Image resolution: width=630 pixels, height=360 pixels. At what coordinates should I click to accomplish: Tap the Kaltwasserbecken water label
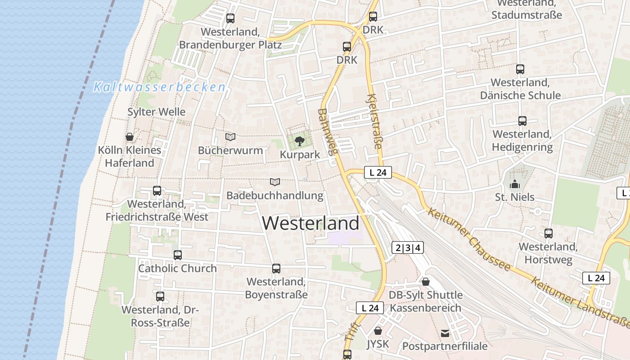tap(159, 87)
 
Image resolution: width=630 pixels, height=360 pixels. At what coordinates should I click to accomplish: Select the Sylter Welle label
tap(156, 112)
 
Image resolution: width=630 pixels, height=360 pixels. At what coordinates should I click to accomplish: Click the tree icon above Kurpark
tap(299, 142)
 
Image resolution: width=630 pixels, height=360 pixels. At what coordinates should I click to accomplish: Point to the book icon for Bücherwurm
tap(230, 137)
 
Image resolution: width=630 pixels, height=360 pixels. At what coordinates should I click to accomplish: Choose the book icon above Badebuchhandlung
tap(274, 182)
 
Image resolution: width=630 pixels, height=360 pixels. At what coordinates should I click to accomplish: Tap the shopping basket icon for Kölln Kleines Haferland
tap(130, 137)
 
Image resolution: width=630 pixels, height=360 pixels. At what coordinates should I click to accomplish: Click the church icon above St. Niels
tap(514, 184)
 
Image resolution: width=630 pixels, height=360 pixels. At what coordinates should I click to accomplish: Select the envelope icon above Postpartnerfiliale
tap(445, 333)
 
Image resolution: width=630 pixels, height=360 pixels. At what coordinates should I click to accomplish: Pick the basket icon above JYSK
tap(378, 331)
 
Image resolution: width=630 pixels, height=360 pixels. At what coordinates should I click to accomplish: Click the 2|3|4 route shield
tap(408, 247)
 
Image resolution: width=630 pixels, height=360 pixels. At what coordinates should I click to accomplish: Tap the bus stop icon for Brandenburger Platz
tap(230, 18)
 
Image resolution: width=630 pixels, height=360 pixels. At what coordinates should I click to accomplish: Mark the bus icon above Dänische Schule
tap(520, 69)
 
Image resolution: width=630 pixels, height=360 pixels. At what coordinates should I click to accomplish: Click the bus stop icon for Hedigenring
tap(522, 121)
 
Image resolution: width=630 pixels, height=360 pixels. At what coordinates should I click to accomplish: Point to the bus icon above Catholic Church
tap(178, 255)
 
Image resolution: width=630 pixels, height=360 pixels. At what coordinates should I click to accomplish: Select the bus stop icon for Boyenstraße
tap(276, 269)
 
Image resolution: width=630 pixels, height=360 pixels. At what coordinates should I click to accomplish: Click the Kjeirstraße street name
tap(375, 121)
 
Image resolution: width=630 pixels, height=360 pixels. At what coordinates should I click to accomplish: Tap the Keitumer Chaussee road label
tap(469, 239)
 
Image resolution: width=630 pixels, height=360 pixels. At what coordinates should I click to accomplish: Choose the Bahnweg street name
tap(327, 132)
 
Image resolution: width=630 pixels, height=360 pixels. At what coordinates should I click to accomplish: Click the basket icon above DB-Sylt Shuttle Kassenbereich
tap(426, 282)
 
